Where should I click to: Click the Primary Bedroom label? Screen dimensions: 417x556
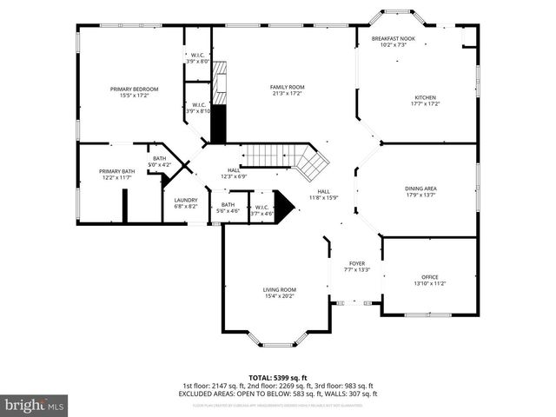click(x=134, y=89)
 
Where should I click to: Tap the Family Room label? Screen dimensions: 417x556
click(x=287, y=88)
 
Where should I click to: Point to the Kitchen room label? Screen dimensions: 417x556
click(x=425, y=97)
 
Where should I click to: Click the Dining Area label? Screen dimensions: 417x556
click(x=420, y=189)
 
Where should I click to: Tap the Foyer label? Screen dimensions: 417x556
click(x=357, y=263)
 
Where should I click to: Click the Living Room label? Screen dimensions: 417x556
click(x=280, y=289)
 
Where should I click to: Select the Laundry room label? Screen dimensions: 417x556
click(x=186, y=201)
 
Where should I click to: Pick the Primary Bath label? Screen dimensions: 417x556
click(x=116, y=171)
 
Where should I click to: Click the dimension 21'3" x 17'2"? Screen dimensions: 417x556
click(x=287, y=94)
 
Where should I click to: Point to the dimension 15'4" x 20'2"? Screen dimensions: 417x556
click(x=280, y=296)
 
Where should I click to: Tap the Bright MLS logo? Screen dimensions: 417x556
click(x=35, y=405)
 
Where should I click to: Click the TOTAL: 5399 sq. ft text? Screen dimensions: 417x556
click(x=277, y=378)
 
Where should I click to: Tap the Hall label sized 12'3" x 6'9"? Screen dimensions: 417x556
click(x=234, y=170)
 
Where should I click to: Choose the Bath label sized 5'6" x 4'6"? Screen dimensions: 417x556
click(x=228, y=205)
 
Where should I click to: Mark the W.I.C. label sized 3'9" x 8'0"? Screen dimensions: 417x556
click(x=198, y=58)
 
